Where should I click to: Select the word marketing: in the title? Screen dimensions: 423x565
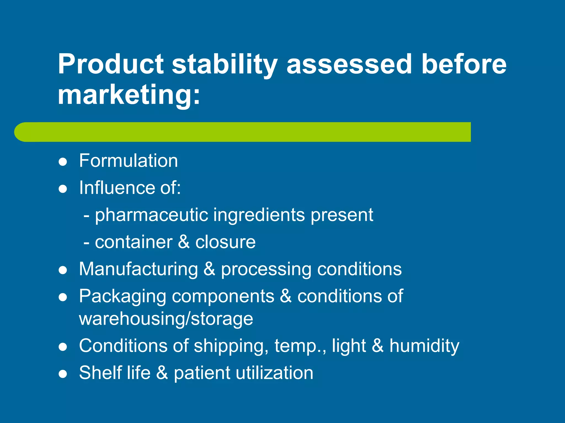[129, 95]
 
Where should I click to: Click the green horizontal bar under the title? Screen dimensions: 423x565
[243, 132]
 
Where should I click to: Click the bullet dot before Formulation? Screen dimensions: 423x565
[63, 162]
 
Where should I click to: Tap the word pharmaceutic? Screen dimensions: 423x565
[151, 215]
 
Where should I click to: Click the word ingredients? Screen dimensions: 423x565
[259, 215]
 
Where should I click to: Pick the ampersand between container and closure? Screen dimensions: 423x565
[184, 242]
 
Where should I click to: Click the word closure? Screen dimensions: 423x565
[225, 242]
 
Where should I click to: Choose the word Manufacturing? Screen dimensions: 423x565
[138, 269]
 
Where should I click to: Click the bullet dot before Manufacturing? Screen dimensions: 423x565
[63, 270]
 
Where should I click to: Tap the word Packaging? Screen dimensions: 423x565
[122, 297]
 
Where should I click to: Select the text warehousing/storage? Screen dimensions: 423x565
[166, 319]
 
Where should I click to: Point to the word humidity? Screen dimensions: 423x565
[424, 346]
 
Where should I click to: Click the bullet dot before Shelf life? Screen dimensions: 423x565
[63, 374]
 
